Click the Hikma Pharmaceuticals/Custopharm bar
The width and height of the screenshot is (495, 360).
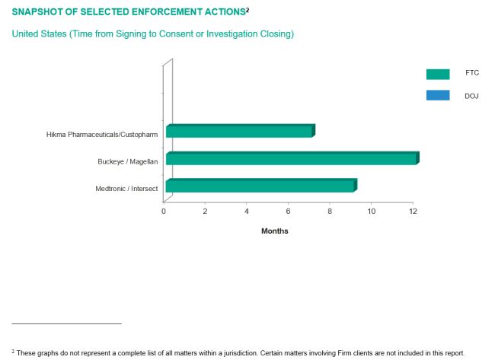point(240,132)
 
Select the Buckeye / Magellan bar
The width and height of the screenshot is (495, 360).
point(292,158)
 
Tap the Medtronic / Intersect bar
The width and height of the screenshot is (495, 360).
point(260,186)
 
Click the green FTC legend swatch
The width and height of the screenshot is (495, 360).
point(438,74)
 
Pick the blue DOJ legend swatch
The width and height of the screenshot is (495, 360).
point(438,96)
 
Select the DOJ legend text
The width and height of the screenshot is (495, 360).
point(471,96)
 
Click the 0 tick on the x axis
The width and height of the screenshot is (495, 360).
point(164,210)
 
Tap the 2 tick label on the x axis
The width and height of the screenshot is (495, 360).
point(205,210)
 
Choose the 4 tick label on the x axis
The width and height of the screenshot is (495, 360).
point(247,210)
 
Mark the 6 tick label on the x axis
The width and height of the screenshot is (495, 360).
point(289,210)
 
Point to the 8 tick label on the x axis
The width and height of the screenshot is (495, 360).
point(330,210)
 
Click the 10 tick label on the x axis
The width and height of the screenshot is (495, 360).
point(371,210)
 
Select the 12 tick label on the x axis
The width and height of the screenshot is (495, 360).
point(413,210)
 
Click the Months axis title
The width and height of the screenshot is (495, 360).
point(275,231)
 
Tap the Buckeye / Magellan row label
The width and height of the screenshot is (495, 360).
point(127,161)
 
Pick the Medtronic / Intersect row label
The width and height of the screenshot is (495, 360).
point(126,188)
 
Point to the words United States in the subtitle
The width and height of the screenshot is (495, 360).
point(37,34)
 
